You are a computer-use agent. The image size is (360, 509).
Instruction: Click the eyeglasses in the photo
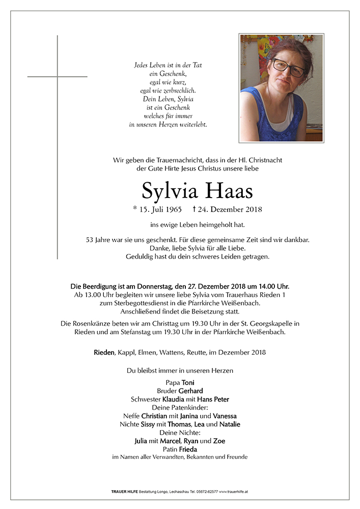pyautogui.click(x=289, y=68)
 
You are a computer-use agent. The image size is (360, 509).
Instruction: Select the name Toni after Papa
pyautogui.click(x=188, y=383)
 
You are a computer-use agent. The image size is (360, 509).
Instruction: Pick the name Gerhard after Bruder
pyautogui.click(x=190, y=391)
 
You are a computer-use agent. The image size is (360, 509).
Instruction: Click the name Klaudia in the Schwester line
pyautogui.click(x=173, y=399)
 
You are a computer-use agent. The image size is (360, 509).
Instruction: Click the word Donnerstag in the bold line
pyautogui.click(x=144, y=287)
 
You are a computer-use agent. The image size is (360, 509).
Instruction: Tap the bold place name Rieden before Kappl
pyautogui.click(x=104, y=352)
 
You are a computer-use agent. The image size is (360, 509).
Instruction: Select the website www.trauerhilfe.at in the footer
pyautogui.click(x=234, y=492)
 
